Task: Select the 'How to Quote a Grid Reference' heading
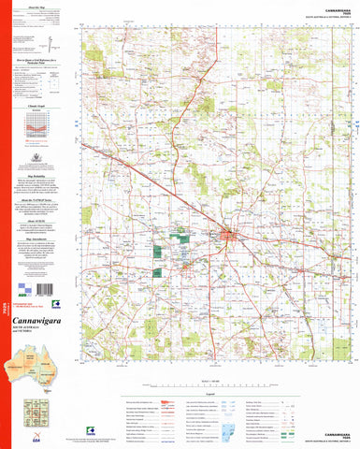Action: click(x=40, y=59)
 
